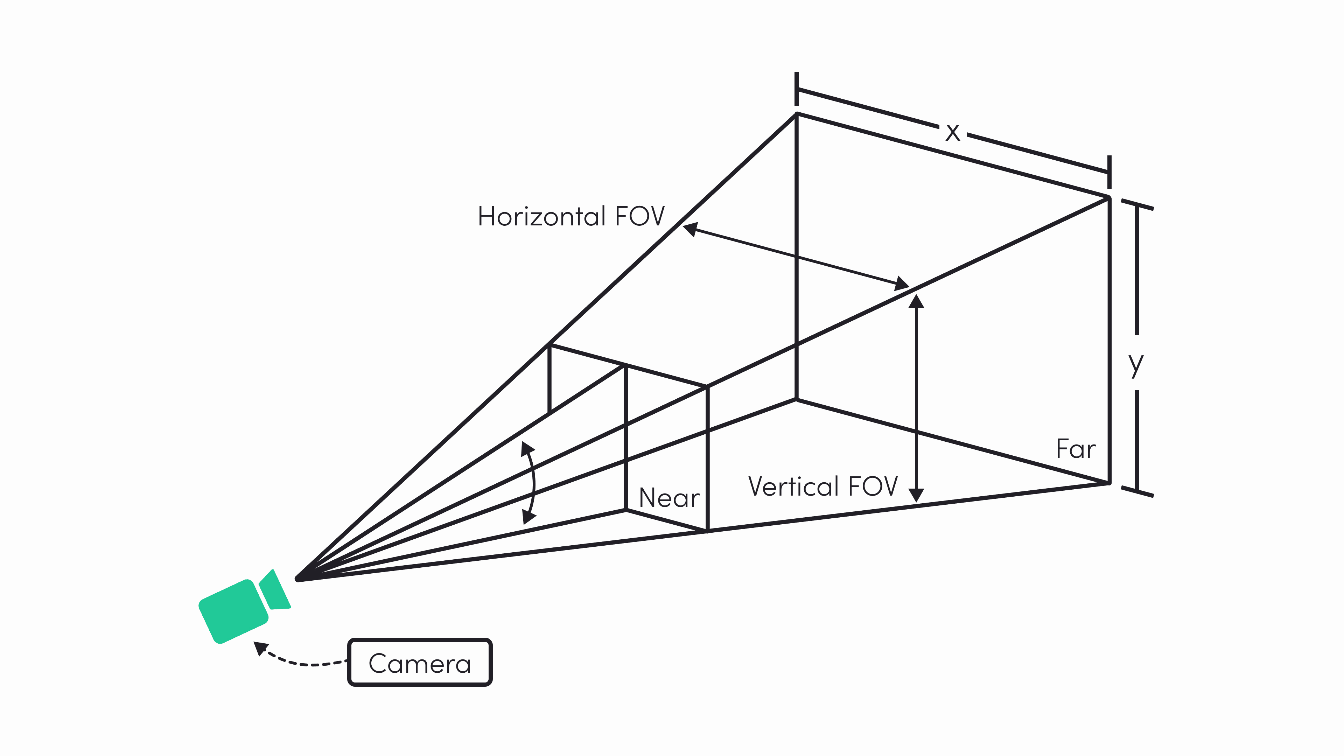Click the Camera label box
pyautogui.click(x=420, y=663)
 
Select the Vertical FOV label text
pyautogui.click(x=823, y=486)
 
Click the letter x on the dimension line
pyautogui.click(x=953, y=132)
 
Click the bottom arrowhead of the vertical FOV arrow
pyautogui.click(x=916, y=495)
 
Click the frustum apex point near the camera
pyautogui.click(x=297, y=579)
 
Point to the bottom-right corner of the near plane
pyautogui.click(x=707, y=531)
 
